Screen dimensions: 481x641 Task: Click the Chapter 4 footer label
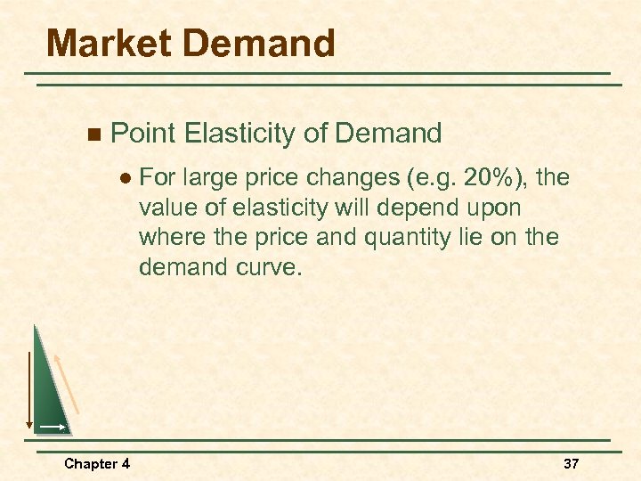coord(96,463)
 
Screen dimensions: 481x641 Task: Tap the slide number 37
coord(572,463)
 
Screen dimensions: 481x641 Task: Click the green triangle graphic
coord(48,392)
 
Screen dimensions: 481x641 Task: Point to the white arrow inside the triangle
coord(52,428)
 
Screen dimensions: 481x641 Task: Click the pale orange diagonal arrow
coord(68,383)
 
